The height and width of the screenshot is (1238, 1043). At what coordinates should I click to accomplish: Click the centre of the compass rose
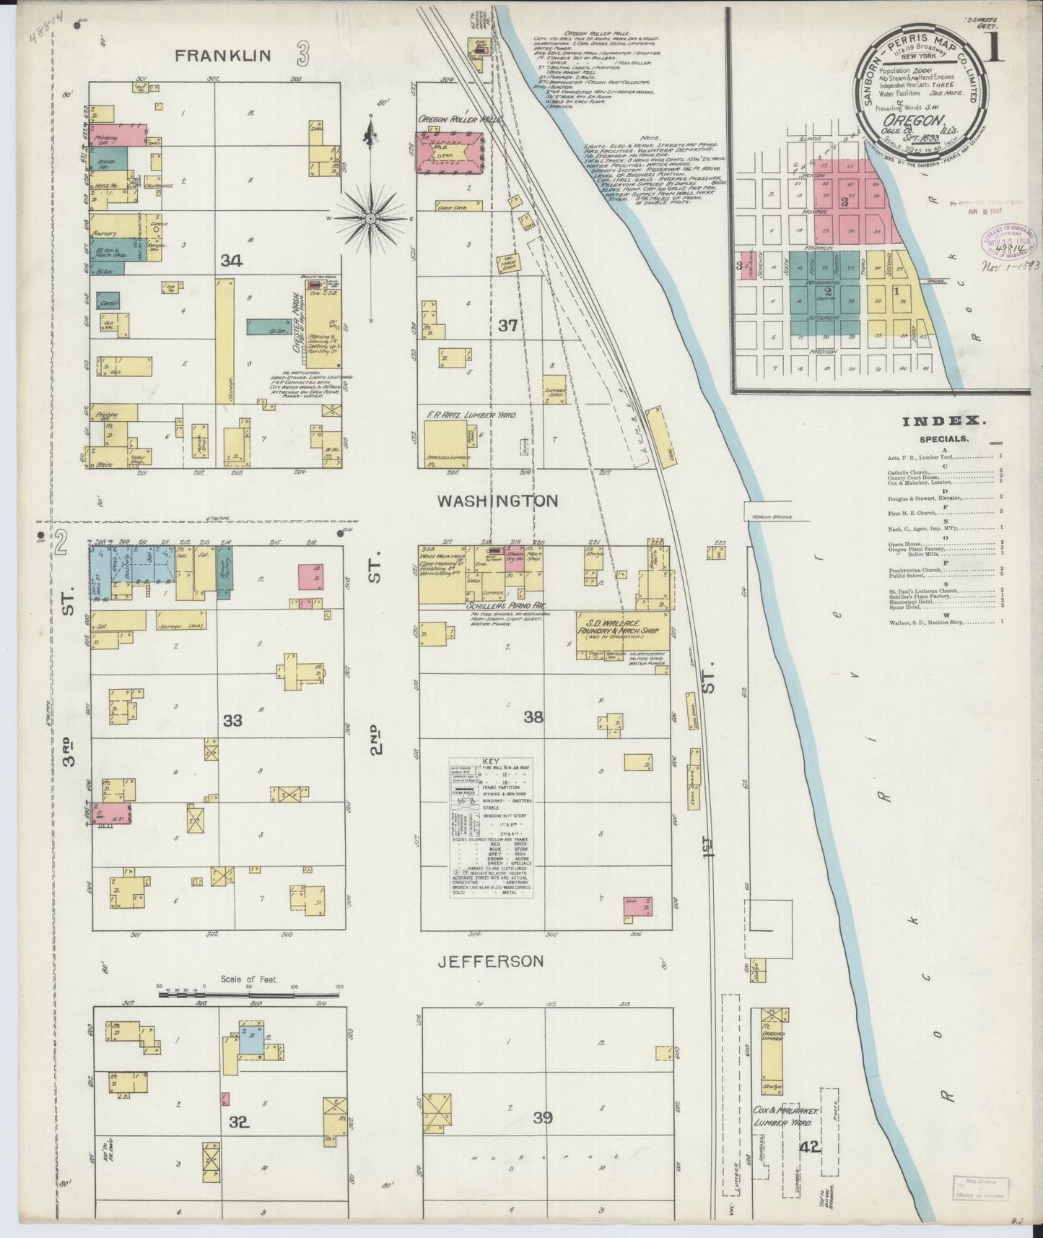pos(370,217)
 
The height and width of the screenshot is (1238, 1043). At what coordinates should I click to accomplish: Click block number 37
pos(507,326)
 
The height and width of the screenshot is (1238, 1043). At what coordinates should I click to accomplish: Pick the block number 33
pos(232,720)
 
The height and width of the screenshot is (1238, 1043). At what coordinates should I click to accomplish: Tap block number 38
pos(533,717)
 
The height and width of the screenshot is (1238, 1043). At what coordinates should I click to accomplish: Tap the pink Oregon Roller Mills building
pos(449,152)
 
